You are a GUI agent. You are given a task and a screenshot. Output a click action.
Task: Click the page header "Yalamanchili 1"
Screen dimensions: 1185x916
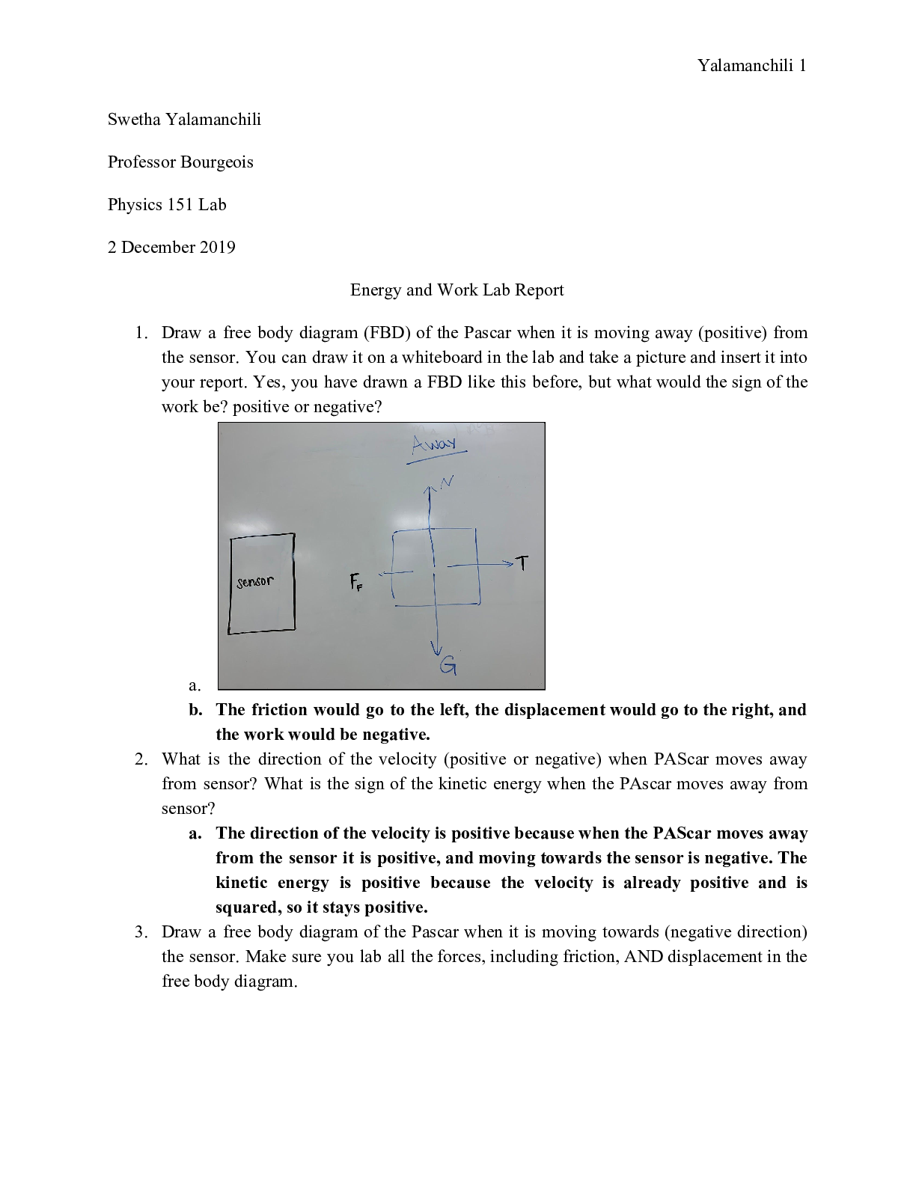tap(751, 66)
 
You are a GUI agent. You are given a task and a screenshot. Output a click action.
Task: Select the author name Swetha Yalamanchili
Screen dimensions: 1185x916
tap(184, 120)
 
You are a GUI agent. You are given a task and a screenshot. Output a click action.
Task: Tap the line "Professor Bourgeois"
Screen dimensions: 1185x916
tap(180, 162)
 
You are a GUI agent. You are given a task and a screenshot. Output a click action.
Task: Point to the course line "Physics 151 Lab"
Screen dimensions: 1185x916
tap(167, 205)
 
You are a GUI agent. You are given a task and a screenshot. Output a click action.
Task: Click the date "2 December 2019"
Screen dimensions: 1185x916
tap(171, 248)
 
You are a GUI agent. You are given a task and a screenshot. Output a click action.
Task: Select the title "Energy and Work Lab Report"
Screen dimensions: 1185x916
tap(457, 290)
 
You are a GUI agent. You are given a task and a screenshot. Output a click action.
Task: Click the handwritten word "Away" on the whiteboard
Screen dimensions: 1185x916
tap(433, 444)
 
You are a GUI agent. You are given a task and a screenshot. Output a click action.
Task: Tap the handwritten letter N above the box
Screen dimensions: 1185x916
tap(447, 482)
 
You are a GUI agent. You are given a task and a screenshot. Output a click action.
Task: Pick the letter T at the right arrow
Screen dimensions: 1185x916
tap(522, 563)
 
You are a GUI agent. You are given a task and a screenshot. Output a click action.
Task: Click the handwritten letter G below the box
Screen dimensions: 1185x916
tap(448, 665)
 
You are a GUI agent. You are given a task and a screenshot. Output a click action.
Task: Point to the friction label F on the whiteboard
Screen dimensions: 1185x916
tap(355, 582)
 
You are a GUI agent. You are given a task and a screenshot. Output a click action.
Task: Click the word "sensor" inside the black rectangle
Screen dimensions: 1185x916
tap(255, 581)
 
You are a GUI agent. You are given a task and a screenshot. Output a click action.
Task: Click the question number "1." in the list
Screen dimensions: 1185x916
tap(141, 333)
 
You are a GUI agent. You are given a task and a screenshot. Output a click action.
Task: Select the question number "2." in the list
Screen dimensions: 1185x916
tap(141, 759)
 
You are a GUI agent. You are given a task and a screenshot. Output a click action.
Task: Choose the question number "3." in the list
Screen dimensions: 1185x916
tap(141, 932)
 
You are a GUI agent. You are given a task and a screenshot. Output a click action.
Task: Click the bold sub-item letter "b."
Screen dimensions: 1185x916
tap(196, 710)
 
